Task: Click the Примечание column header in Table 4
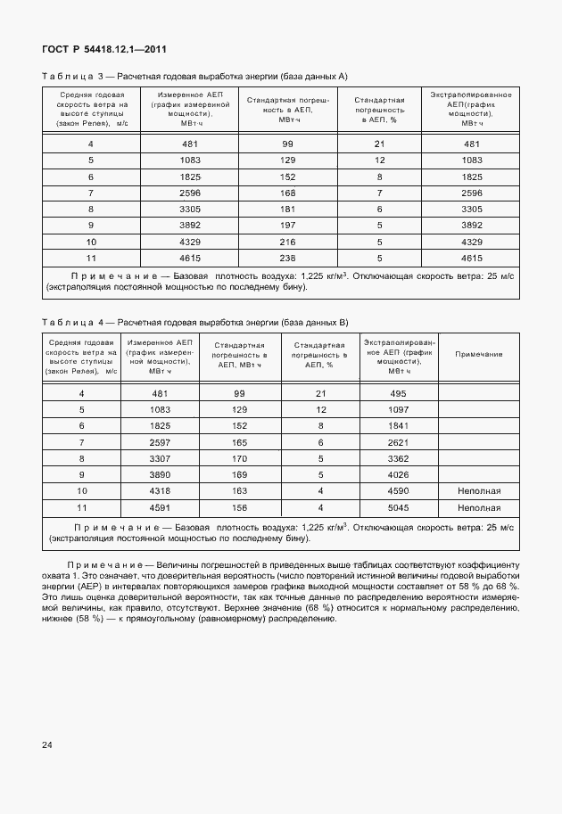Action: click(x=478, y=354)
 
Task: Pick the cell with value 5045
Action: click(x=398, y=506)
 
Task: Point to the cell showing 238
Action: click(x=288, y=257)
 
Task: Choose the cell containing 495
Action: click(x=398, y=393)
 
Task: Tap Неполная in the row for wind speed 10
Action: click(x=479, y=490)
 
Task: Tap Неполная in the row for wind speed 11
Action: click(x=479, y=506)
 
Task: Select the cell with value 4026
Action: click(x=398, y=474)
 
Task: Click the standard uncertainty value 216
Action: click(x=288, y=241)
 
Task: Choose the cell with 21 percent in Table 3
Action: click(x=379, y=144)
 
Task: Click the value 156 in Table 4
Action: click(x=239, y=506)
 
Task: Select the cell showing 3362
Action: click(x=398, y=458)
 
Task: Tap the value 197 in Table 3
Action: click(x=288, y=225)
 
